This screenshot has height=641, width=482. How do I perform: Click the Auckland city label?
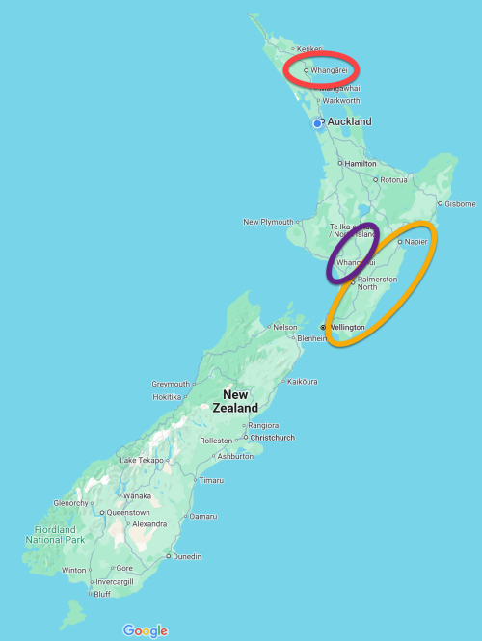pyautogui.click(x=349, y=122)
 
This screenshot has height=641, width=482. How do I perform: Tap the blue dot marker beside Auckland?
pyautogui.click(x=317, y=124)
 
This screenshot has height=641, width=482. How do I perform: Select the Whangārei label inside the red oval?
pyautogui.click(x=329, y=70)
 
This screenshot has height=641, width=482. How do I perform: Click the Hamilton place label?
pyautogui.click(x=360, y=164)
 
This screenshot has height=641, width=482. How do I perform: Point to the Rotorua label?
pyautogui.click(x=393, y=180)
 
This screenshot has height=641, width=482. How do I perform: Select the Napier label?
pyautogui.click(x=416, y=241)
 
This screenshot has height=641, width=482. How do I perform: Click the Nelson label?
pyautogui.click(x=284, y=328)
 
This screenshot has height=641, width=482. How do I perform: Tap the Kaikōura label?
pyautogui.click(x=302, y=382)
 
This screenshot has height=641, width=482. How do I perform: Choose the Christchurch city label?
pyautogui.click(x=273, y=437)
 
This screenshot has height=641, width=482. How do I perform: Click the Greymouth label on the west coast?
pyautogui.click(x=171, y=384)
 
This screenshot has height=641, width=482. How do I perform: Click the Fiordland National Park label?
pyautogui.click(x=55, y=534)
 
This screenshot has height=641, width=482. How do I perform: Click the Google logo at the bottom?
pyautogui.click(x=145, y=630)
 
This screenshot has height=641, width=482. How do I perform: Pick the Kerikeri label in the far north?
pyautogui.click(x=308, y=48)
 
